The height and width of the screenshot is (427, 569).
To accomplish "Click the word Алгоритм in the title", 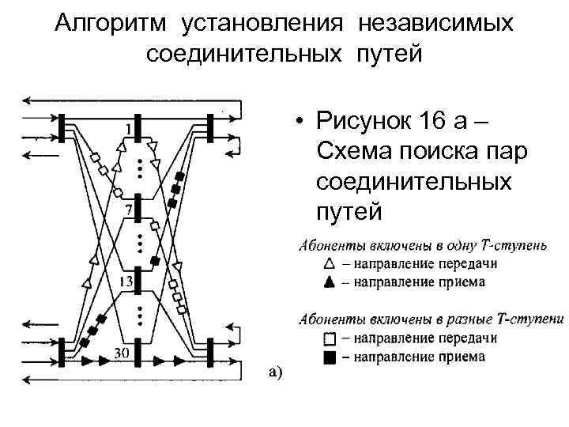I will coord(110,23).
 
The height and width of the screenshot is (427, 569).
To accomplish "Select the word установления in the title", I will coord(262,23).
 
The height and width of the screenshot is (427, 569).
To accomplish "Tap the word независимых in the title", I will coord(435,23).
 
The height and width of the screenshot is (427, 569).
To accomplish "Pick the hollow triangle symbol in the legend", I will coord(330,264).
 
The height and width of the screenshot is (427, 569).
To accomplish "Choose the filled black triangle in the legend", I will coord(330,281).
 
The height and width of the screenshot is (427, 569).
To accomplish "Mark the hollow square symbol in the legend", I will coord(330,339).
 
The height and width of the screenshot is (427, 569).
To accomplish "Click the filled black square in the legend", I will coord(330,356).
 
